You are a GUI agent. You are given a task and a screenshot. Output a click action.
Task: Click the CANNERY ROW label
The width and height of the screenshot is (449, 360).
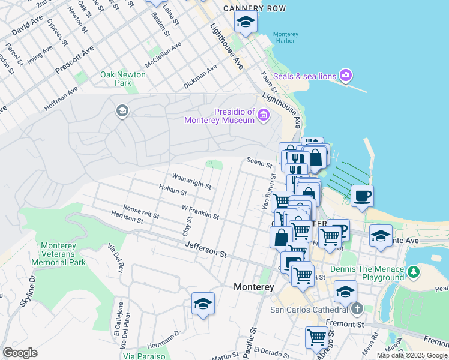pos(253,8)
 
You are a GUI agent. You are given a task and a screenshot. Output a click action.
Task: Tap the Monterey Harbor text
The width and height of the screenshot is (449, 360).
pos(285,38)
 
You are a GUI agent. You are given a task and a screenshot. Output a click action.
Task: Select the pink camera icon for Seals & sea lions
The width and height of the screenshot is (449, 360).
pos(345,76)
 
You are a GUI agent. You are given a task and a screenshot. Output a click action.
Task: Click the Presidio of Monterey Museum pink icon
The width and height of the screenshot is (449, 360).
pos(263,115)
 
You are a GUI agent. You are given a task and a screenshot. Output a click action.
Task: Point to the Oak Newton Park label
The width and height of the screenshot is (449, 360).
pos(115,79)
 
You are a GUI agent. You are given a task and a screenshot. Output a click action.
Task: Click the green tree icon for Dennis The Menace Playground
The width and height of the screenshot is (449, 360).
pos(413,272)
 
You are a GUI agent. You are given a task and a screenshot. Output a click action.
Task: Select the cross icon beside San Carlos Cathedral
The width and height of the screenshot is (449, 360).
pos(357,310)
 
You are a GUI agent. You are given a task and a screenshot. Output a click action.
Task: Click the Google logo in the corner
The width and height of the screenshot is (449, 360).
pos(20,352)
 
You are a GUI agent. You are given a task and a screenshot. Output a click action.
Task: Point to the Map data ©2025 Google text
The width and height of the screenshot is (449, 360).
pos(412,355)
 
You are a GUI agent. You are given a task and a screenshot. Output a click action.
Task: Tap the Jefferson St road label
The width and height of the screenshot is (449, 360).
pos(206,249)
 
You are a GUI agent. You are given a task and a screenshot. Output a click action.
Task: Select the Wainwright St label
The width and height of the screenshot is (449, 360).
pos(191,182)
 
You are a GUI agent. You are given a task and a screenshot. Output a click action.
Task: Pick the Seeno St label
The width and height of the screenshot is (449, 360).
pos(259,163)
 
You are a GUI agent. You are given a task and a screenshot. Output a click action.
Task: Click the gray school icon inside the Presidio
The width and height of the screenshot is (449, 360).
pos(122,110)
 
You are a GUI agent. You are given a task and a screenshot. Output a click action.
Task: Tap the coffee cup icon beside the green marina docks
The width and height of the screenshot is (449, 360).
pos(361,196)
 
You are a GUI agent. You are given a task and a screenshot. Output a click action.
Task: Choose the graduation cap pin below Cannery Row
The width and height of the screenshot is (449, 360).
pos(245,22)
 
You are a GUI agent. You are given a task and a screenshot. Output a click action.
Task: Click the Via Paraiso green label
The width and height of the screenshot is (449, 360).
pos(144,356)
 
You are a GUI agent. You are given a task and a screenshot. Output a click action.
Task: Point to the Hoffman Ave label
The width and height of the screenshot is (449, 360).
pos(61,99)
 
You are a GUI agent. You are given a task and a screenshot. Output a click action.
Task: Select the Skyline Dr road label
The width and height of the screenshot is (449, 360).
pos(28,292)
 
